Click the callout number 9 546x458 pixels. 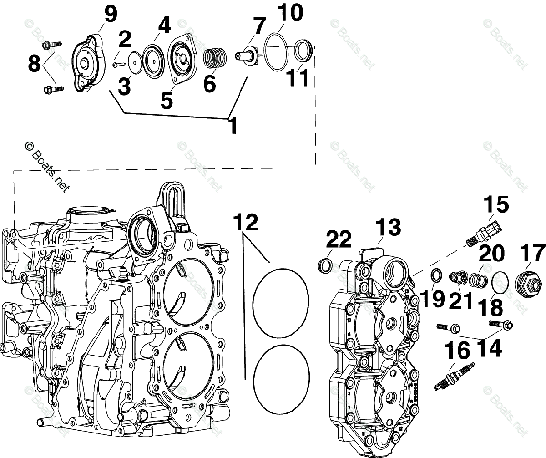pos(110,15)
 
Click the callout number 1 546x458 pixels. pos(233,125)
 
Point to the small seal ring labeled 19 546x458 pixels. pos(435,275)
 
